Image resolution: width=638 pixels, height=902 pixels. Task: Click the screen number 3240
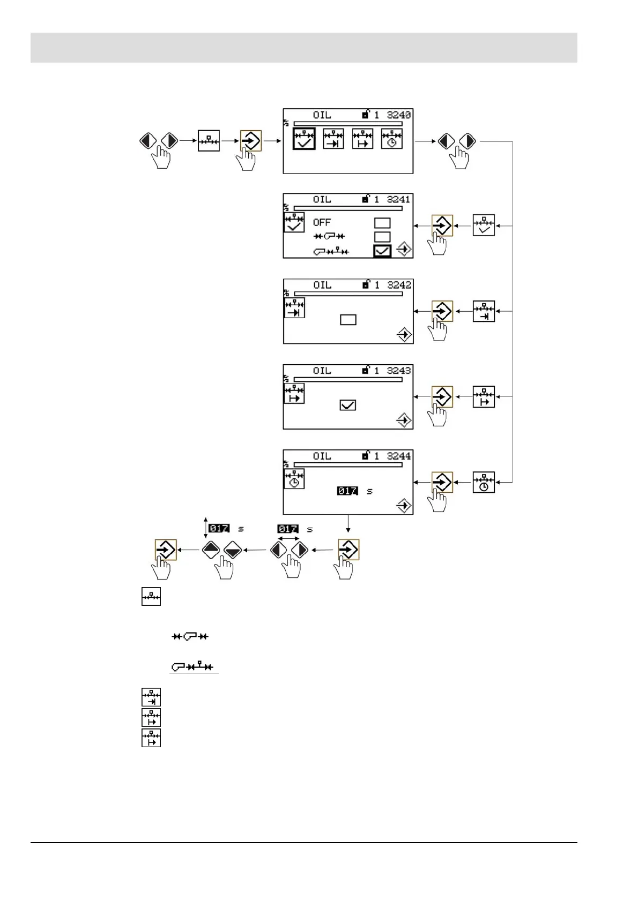point(399,115)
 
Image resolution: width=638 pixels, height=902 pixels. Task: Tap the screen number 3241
point(399,199)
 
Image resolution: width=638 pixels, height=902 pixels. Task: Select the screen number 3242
point(399,285)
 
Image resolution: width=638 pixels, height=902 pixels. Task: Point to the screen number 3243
point(399,371)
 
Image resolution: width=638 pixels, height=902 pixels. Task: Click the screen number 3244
point(399,456)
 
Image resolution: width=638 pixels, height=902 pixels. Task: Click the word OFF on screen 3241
point(322,222)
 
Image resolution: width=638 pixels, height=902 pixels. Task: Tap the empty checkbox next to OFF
point(382,223)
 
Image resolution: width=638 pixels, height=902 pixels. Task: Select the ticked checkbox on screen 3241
point(382,251)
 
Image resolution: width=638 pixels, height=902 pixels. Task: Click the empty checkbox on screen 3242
point(348,320)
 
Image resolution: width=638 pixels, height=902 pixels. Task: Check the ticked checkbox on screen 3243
point(348,405)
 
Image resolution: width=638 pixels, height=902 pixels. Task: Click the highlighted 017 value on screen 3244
point(347,491)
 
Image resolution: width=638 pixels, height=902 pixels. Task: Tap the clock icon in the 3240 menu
point(391,139)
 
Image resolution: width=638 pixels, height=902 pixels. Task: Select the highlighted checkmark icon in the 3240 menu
point(304,139)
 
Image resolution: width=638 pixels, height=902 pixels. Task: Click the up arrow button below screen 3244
point(211,550)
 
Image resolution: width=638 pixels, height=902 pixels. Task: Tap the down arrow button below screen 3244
point(232,550)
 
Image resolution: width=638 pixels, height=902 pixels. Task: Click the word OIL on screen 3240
point(322,115)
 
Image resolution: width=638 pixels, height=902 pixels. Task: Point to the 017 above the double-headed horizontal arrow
point(287,529)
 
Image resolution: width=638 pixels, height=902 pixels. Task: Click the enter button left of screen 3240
point(250,141)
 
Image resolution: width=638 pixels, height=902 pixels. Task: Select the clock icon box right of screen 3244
point(484,482)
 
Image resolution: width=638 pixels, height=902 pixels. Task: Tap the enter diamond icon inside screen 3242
point(404,335)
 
